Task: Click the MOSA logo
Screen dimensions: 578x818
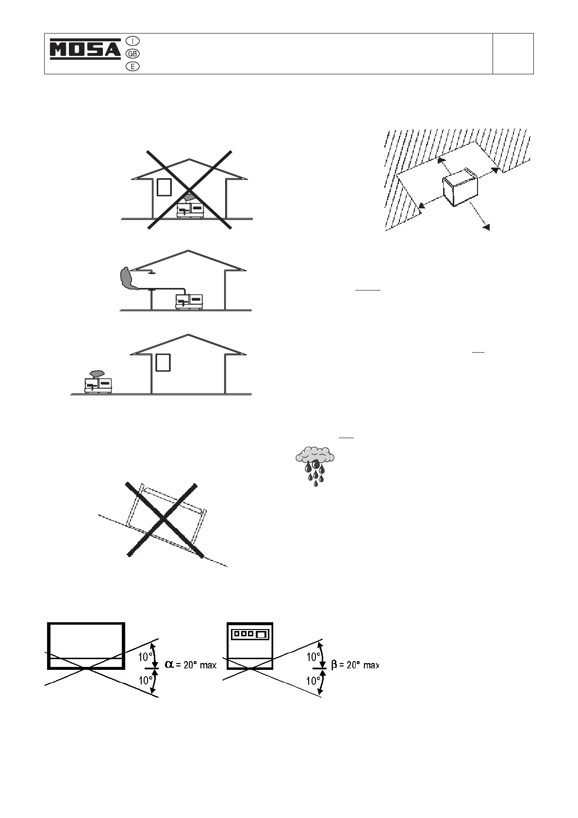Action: pos(85,49)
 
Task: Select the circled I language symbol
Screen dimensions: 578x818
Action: pos(132,41)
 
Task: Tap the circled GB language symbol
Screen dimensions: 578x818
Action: pos(132,53)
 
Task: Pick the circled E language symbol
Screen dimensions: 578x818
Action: pos(132,67)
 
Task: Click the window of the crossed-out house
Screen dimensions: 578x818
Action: pos(164,187)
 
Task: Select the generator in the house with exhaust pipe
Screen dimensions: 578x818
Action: pos(189,301)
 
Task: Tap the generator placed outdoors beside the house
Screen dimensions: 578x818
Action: pos(99,385)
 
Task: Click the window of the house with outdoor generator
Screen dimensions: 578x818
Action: pos(163,362)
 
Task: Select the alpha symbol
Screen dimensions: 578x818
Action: pos(169,664)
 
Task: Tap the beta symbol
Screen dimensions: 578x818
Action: pos(334,665)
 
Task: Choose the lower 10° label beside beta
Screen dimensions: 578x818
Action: pos(313,681)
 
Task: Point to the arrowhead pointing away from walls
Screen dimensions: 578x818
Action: pos(487,227)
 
